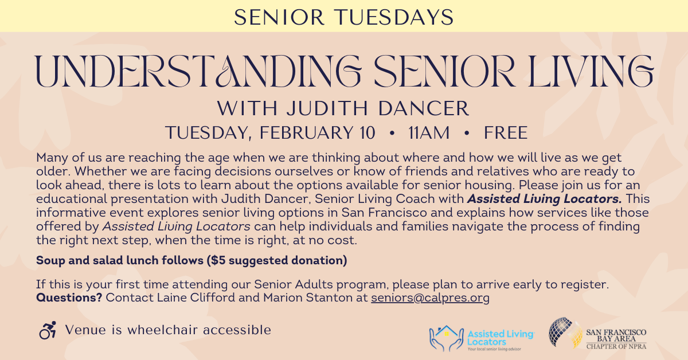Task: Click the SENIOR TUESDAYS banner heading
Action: [344, 16]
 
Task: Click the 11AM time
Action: [429, 133]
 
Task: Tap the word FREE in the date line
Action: [505, 133]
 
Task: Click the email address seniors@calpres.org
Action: [430, 298]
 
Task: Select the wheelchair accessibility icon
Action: [48, 330]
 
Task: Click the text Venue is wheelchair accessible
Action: [168, 330]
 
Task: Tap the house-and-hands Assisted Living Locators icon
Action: [446, 338]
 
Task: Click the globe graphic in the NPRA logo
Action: [564, 333]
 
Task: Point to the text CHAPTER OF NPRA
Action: [616, 347]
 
